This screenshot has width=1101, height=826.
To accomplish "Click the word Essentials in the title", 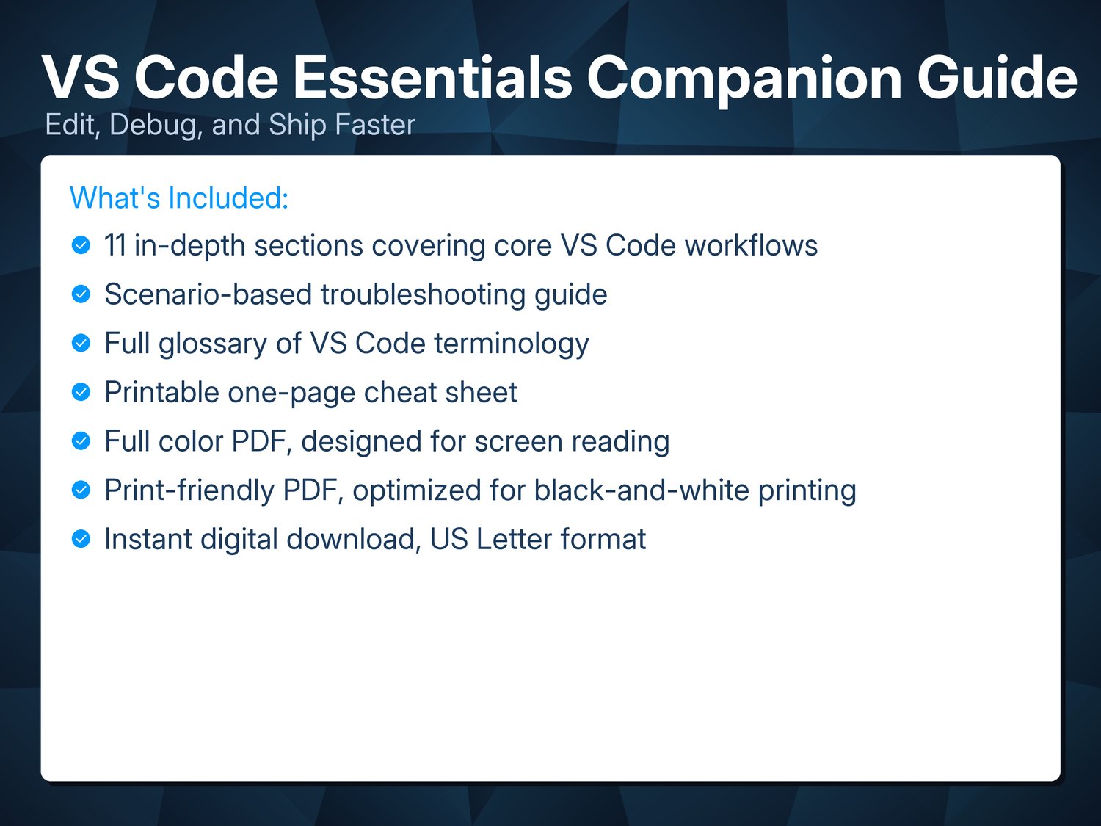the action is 432,78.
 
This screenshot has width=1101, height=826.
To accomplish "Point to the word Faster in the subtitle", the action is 374,124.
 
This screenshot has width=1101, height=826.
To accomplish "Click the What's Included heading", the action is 179,198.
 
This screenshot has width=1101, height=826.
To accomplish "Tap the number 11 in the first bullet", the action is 115,246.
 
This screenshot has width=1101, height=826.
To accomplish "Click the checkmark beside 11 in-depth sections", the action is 81,245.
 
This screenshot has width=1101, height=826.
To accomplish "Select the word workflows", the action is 751,246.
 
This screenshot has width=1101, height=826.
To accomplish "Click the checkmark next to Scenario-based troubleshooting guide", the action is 81,294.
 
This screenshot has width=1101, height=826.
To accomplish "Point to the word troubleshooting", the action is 423,295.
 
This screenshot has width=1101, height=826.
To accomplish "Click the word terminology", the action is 511,344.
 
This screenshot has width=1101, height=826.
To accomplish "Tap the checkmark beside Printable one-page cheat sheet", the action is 81,391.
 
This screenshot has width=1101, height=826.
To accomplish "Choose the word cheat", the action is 400,392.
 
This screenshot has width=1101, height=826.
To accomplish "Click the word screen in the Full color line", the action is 518,442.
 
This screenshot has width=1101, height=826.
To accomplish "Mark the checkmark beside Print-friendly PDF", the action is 81,490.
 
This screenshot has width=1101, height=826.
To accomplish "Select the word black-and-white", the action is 642,490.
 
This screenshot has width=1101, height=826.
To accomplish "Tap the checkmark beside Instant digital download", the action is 81,539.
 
